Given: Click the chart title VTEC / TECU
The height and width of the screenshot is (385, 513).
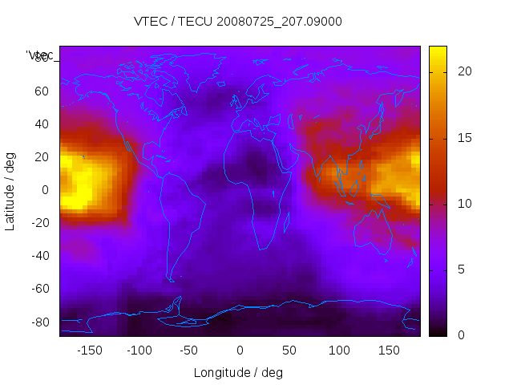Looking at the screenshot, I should click(x=238, y=22).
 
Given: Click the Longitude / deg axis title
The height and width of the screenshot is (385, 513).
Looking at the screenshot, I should click(x=238, y=373).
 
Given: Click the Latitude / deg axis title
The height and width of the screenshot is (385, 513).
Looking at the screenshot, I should click(x=10, y=190).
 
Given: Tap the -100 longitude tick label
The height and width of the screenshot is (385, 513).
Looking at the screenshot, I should click(x=139, y=351).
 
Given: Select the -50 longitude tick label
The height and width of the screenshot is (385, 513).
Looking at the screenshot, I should click(x=189, y=351).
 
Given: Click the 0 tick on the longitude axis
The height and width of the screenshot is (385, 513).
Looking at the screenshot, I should click(x=240, y=351).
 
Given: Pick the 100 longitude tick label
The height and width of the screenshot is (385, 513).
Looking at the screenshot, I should click(x=340, y=351).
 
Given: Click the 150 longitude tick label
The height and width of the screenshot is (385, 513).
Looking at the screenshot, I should click(x=390, y=351).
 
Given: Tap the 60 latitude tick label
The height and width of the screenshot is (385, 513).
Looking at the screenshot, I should click(x=42, y=91).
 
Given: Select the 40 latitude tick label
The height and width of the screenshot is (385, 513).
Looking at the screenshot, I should click(x=42, y=124).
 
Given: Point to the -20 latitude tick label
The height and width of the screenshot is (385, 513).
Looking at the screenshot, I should click(x=39, y=223).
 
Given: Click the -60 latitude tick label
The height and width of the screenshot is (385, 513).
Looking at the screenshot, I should click(x=39, y=289).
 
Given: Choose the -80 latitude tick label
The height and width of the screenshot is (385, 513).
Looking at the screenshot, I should click(x=39, y=322).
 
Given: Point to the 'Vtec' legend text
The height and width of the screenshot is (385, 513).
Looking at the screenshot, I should click(x=39, y=55).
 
